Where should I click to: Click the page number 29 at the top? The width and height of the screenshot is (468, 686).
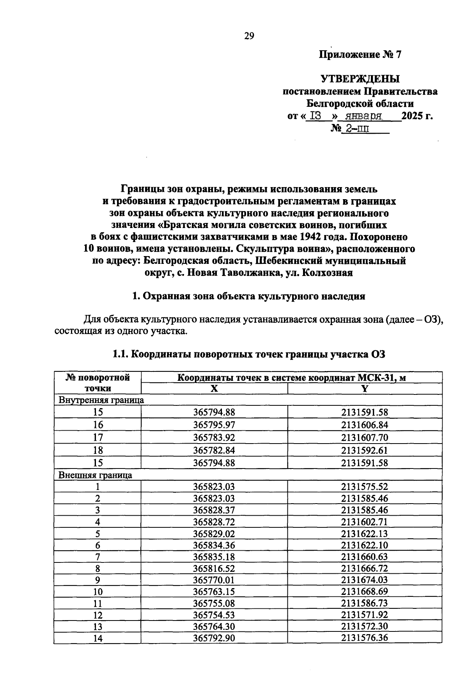click(x=249, y=36)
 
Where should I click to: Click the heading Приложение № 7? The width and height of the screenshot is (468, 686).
click(x=360, y=55)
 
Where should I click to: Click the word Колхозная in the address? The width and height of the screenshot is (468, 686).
click(x=328, y=273)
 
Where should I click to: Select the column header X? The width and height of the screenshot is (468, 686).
click(x=214, y=389)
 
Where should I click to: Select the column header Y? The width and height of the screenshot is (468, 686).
click(x=365, y=389)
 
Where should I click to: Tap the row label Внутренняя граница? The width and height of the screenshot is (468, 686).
click(x=101, y=400)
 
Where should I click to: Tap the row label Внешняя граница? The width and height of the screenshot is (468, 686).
click(x=95, y=475)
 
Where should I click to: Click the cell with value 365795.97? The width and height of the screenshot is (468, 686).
click(x=214, y=425)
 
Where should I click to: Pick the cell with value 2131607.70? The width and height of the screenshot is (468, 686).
click(x=365, y=437)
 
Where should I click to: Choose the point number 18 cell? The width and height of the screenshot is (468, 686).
click(x=98, y=450)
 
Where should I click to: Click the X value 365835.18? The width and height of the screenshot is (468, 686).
click(x=214, y=557)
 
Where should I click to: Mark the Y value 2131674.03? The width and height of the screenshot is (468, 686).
click(x=365, y=580)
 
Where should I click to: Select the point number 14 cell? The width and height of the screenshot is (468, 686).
click(x=98, y=638)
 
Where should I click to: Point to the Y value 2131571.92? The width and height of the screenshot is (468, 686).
click(x=365, y=615)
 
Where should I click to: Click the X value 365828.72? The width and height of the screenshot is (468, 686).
click(x=214, y=522)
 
